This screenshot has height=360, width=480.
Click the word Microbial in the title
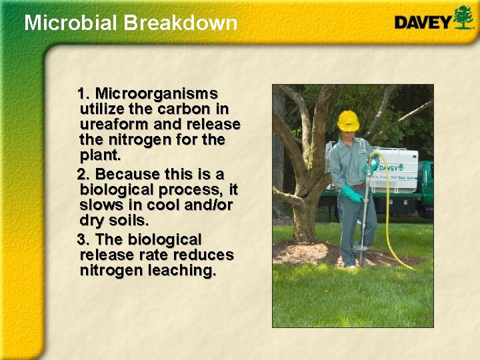(x=64, y=23)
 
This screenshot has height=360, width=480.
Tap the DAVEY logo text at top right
(x=423, y=21)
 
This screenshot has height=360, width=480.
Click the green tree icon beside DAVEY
(x=463, y=17)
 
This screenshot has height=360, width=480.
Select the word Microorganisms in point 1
(x=157, y=92)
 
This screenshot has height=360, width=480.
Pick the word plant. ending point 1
(x=100, y=156)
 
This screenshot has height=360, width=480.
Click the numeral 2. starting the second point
(x=84, y=175)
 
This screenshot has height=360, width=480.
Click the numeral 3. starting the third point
(x=84, y=239)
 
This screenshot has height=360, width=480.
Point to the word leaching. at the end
(x=183, y=271)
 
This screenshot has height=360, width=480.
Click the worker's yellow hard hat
(x=348, y=120)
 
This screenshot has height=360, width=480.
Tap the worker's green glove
(x=352, y=194)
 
